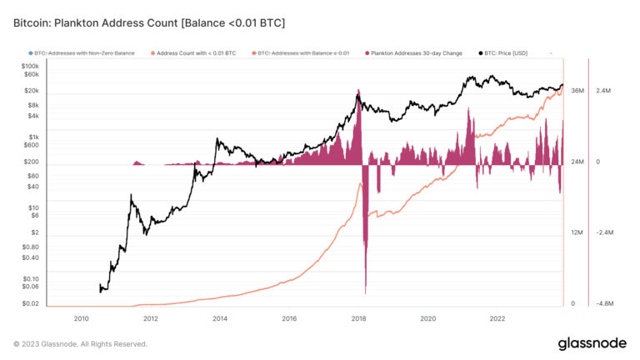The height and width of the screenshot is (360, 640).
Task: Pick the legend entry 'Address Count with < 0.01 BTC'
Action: (x=196, y=52)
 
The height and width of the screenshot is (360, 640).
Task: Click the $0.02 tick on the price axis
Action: (x=29, y=303)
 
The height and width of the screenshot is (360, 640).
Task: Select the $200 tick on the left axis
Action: (x=31, y=162)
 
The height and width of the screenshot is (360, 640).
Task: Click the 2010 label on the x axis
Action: (x=81, y=318)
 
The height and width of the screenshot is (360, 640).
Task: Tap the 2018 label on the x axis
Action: (x=358, y=318)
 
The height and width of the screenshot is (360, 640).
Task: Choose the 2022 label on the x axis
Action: (x=497, y=318)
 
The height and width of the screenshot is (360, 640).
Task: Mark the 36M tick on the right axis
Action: (x=577, y=90)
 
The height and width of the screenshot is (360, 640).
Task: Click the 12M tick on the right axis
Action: (x=577, y=232)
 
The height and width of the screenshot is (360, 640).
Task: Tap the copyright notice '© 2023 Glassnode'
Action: (x=80, y=343)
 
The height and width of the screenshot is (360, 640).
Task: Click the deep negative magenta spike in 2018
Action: (x=365, y=250)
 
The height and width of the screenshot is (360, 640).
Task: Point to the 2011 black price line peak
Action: (x=131, y=197)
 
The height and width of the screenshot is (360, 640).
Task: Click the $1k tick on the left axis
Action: (x=32, y=137)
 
